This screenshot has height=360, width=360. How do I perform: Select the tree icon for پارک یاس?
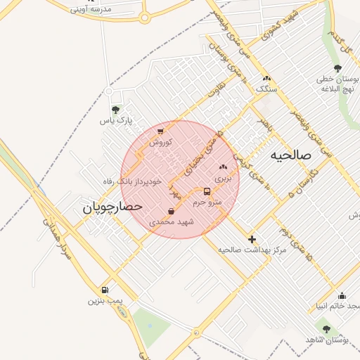tap(116, 110)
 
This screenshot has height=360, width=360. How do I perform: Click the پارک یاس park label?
tap(115, 121)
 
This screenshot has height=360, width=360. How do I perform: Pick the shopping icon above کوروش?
tap(160, 131)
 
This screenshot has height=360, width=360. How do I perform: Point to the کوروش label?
tap(160, 142)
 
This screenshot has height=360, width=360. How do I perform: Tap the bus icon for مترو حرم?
tap(207, 191)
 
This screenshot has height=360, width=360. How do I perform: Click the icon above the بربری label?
tap(223, 167)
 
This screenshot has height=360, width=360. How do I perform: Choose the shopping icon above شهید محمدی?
tap(172, 211)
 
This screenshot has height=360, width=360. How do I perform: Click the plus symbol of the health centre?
tap(252, 239)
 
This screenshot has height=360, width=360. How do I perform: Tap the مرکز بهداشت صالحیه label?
tap(252, 250)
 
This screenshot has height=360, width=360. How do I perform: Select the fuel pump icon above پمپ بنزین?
tap(105, 290)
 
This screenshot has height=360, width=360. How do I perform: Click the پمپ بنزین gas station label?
tap(105, 301)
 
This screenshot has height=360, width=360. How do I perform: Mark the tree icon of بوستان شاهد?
tap(326, 328)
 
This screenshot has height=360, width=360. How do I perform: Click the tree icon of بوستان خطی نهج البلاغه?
tap(337, 68)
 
